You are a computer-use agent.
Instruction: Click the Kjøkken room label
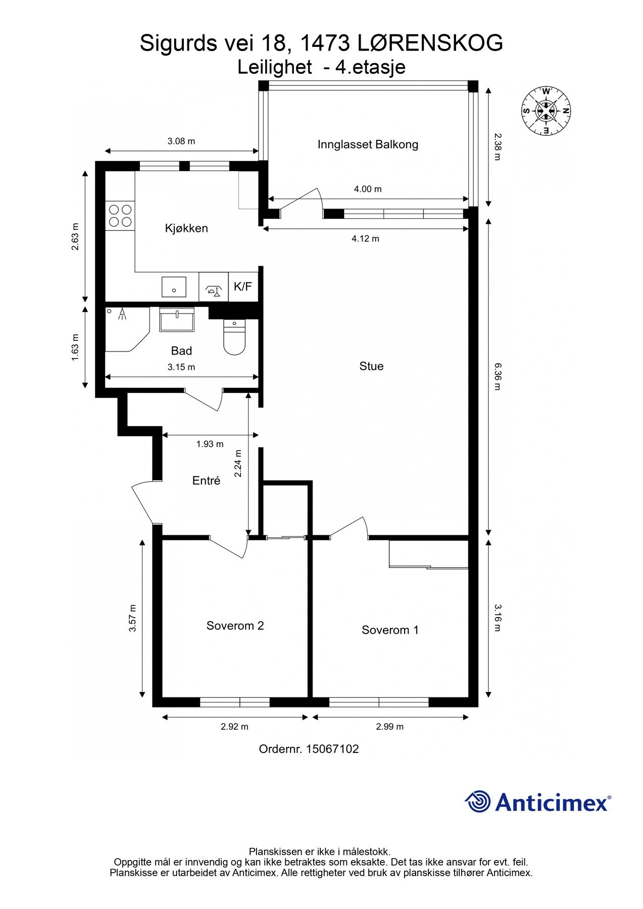pyautogui.click(x=186, y=228)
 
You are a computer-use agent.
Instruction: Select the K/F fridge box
pyautogui.click(x=243, y=287)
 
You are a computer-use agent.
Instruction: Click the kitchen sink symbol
pyautogui.click(x=174, y=287)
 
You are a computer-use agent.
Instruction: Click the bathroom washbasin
pyautogui.click(x=177, y=320)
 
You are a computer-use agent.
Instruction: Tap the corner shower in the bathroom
pyautogui.click(x=124, y=328)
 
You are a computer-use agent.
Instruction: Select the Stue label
pyautogui.click(x=371, y=366)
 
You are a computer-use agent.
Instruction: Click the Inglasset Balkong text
pyautogui.click(x=368, y=144)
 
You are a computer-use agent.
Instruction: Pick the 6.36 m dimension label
pyautogui.click(x=497, y=376)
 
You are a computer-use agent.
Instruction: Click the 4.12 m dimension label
pyautogui.click(x=365, y=238)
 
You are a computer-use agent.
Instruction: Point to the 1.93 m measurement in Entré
pyautogui.click(x=210, y=444)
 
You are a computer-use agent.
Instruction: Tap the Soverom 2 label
pyautogui.click(x=235, y=626)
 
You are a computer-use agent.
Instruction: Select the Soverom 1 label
pyautogui.click(x=390, y=630)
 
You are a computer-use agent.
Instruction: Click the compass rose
pyautogui.click(x=546, y=111)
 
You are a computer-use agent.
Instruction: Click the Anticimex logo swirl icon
pyautogui.click(x=478, y=801)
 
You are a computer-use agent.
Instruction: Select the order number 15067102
pyautogui.click(x=332, y=749)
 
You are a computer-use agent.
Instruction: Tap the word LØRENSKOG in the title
pyautogui.click(x=430, y=43)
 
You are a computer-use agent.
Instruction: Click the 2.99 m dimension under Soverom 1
pyautogui.click(x=389, y=727)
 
